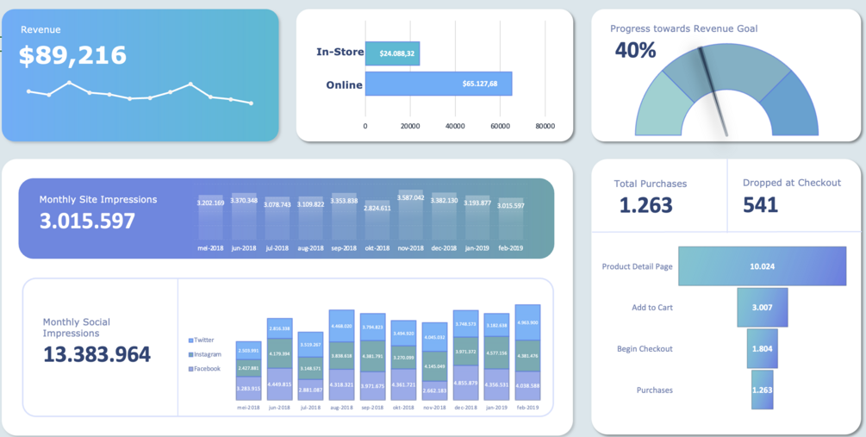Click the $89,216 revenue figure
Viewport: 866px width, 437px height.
pos(73,56)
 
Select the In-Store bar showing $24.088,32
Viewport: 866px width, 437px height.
pos(392,53)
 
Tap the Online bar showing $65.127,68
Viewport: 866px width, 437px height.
pos(439,84)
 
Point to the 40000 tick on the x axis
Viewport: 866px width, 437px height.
pos(455,126)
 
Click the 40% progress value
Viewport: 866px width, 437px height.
pos(636,51)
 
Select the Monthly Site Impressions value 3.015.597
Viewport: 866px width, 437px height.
pos(87,221)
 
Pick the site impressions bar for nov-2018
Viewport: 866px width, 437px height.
pos(411,215)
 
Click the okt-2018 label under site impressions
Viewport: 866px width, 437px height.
pos(377,248)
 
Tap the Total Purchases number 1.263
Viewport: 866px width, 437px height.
pos(646,205)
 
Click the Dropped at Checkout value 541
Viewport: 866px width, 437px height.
pos(760,205)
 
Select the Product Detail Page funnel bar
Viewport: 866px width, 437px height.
pos(762,266)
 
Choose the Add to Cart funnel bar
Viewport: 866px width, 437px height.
pos(762,308)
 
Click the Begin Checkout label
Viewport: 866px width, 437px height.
pos(645,349)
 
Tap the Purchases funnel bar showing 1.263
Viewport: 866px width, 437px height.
pos(762,390)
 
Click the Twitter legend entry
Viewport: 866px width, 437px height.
pos(203,340)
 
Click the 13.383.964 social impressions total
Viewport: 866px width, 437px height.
pos(97,354)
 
